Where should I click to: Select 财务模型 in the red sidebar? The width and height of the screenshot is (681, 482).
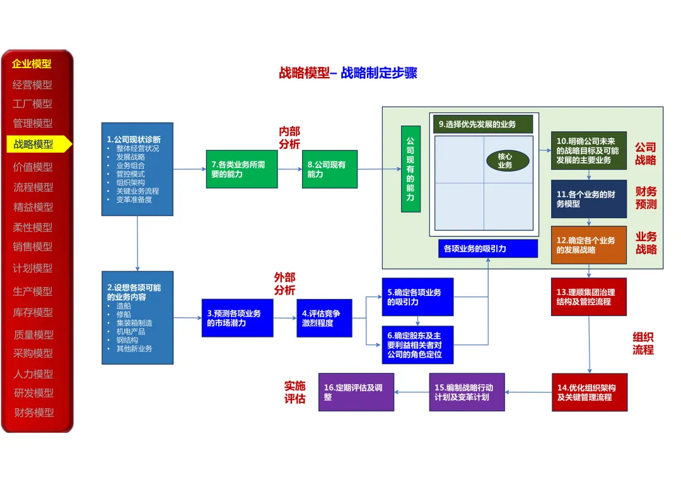34,412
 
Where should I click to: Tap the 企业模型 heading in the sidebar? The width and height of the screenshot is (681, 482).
32,64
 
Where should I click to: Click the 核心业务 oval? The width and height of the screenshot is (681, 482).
507,161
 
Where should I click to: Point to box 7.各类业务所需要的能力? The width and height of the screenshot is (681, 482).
242,169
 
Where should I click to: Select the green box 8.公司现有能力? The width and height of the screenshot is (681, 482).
330,169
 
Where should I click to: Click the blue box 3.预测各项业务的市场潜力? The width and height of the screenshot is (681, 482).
238,318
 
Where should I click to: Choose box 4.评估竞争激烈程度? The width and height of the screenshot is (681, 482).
325,318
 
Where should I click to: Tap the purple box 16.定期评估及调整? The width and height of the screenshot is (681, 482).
356,392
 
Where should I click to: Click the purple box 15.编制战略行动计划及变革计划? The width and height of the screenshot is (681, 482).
467,392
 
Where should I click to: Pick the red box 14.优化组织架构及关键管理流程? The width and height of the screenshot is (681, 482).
590,392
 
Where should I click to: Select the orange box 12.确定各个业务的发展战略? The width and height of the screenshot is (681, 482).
588,245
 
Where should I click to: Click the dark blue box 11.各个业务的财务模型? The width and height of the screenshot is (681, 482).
588,199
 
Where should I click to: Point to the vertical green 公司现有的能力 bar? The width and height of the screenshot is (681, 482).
410,169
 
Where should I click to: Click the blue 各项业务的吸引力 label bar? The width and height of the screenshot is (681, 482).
487,249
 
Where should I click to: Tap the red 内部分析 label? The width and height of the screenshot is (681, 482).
289,138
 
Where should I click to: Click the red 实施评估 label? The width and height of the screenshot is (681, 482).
295,392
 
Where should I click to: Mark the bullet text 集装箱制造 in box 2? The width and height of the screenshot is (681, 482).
134,323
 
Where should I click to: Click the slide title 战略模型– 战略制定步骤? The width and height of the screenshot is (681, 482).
348,73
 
